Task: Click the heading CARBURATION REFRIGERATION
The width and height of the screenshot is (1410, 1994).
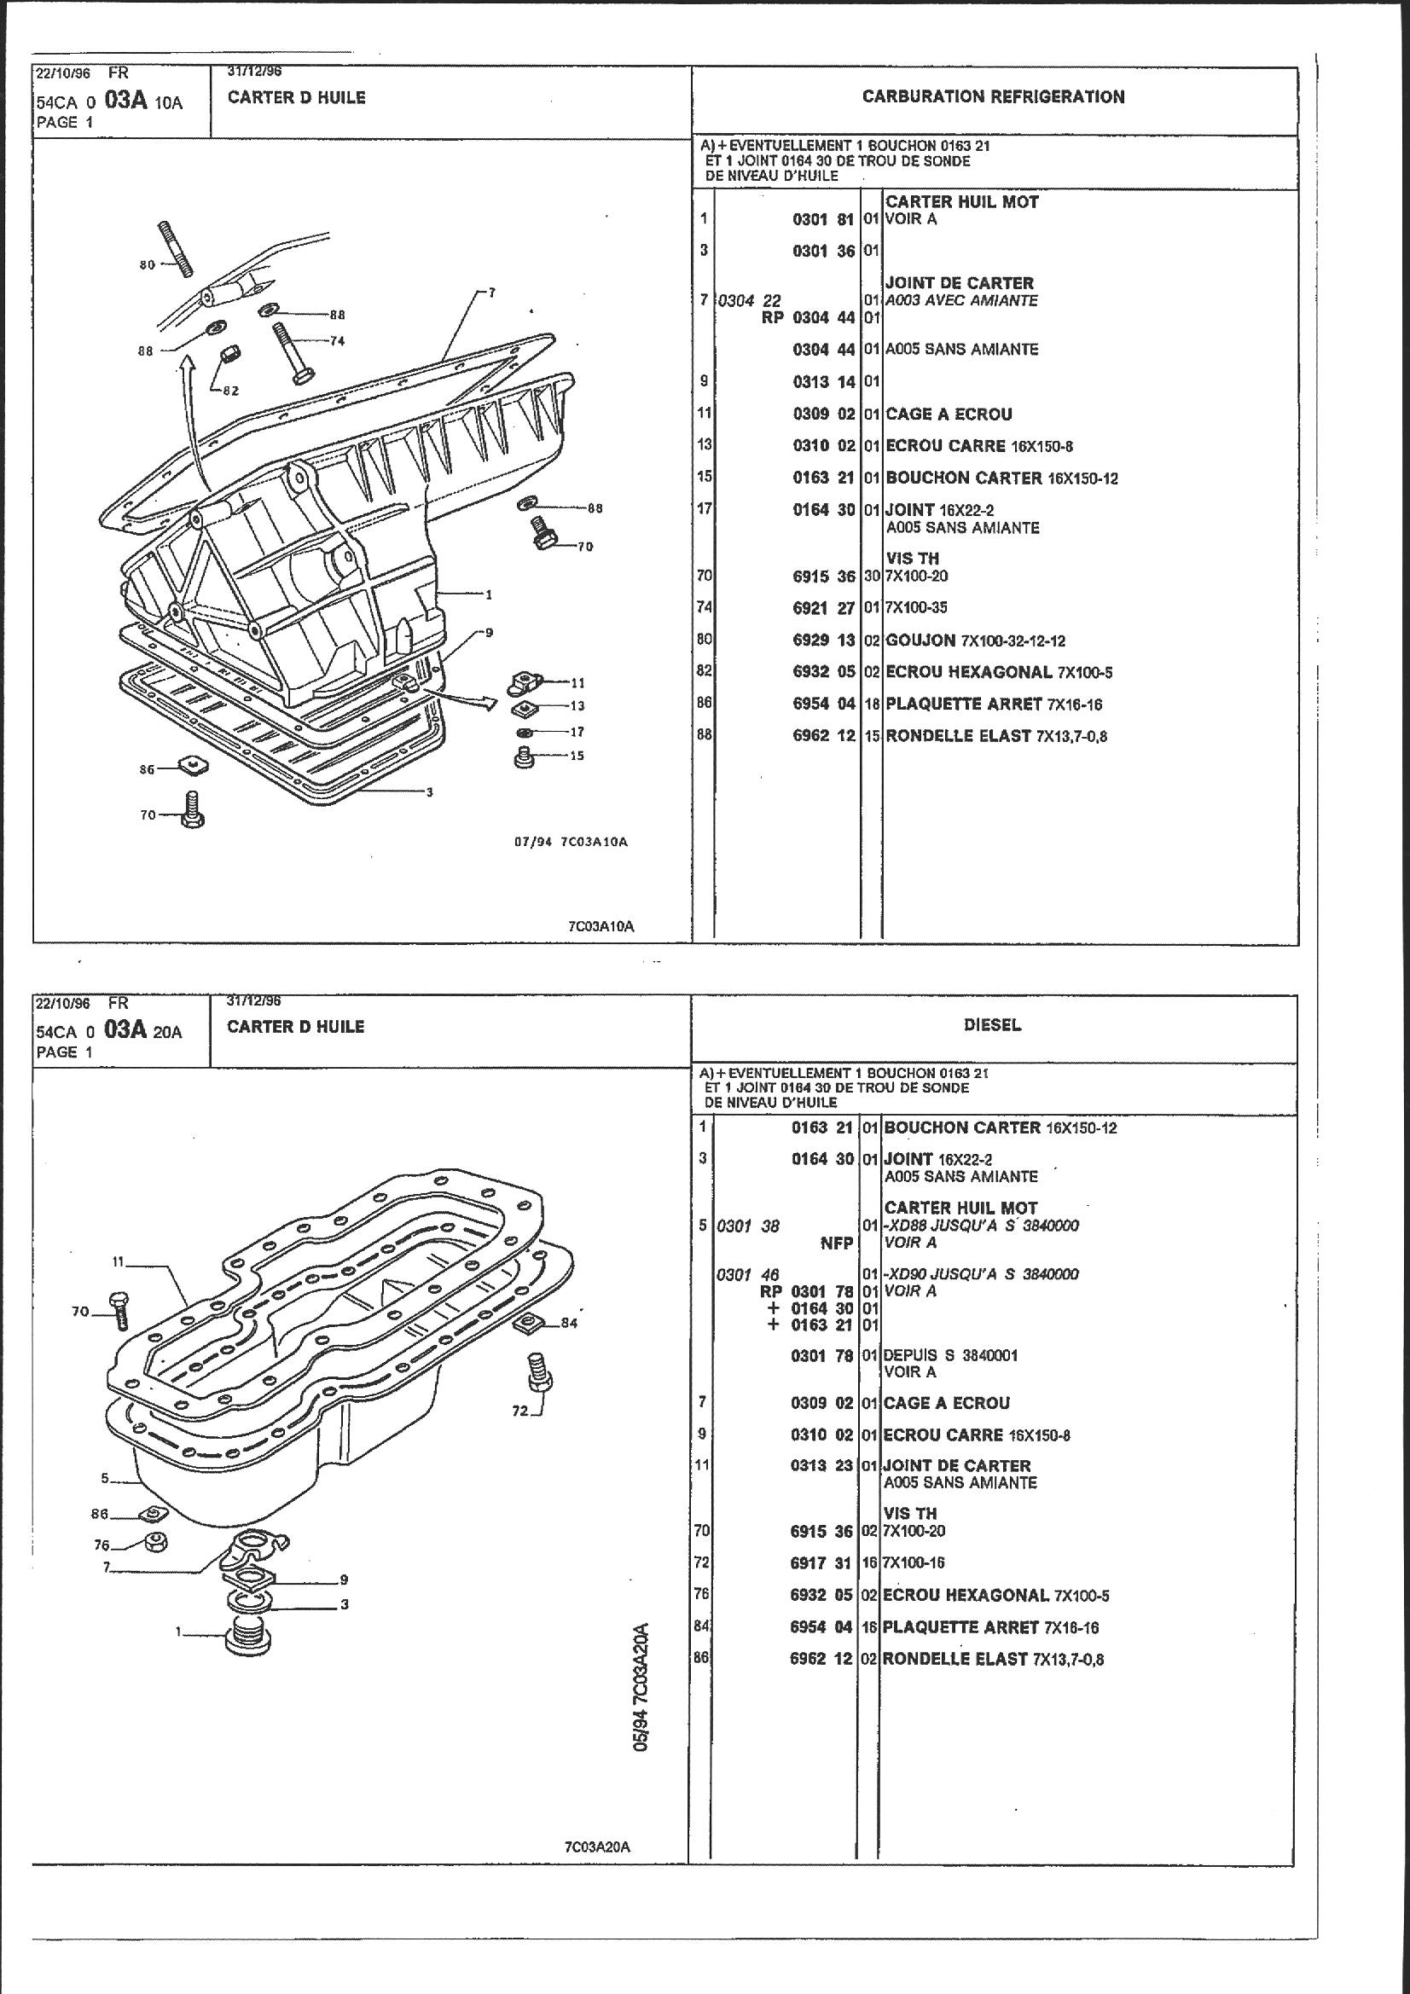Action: pos(993,96)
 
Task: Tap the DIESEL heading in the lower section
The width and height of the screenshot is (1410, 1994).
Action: pos(992,1025)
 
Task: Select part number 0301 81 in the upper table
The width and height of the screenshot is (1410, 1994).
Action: pos(824,219)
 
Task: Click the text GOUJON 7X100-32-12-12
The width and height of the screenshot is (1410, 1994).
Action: pos(975,641)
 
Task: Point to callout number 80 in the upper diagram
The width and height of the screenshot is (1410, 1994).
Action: pos(147,264)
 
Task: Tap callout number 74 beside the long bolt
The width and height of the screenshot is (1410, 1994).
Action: pos(337,341)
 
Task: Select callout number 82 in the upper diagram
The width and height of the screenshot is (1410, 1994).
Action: pos(230,391)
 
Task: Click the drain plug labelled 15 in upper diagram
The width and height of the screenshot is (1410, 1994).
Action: pos(524,758)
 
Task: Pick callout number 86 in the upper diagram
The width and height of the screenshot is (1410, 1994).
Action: pos(148,769)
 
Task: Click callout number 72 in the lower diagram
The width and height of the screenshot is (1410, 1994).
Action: pos(519,1411)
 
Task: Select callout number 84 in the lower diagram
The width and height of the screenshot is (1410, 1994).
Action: pos(569,1324)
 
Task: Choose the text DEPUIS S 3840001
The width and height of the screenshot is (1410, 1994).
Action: pos(950,1355)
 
